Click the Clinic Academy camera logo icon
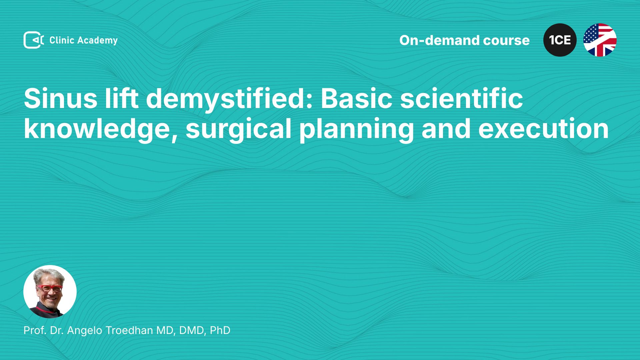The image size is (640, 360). click(34, 40)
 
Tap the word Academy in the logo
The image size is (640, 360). click(98, 41)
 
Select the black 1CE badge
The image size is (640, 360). click(560, 40)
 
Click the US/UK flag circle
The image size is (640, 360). click(600, 40)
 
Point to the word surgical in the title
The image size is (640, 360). click(239, 129)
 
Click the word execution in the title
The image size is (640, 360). click(543, 129)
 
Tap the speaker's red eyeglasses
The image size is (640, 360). click(50, 288)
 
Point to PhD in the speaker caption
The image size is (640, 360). click(220, 330)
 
